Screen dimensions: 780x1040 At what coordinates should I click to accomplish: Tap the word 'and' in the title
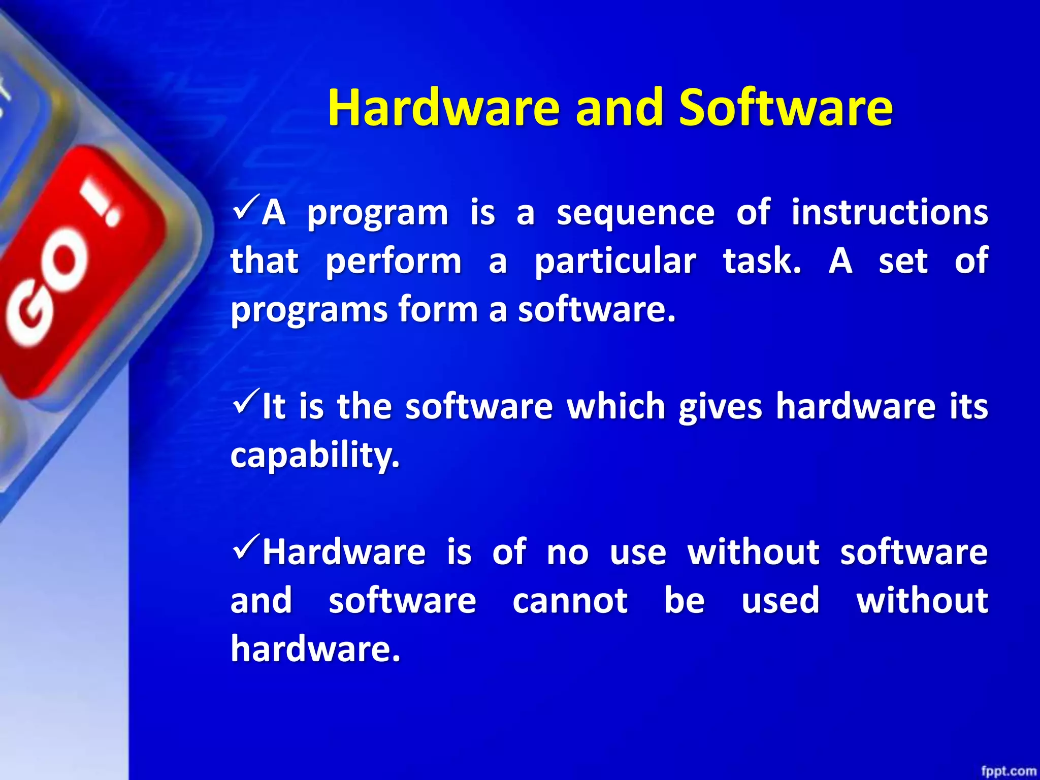(x=620, y=108)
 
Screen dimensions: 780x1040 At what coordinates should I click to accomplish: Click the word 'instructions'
(x=890, y=212)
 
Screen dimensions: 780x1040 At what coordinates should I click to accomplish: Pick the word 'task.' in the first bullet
(x=762, y=261)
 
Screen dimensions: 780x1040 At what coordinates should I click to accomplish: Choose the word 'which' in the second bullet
(x=615, y=406)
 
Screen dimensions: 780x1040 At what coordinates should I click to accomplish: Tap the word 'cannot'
(x=570, y=601)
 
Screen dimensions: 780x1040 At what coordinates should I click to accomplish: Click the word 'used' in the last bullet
(x=780, y=600)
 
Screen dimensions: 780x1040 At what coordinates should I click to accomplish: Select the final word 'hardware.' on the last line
(x=315, y=648)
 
